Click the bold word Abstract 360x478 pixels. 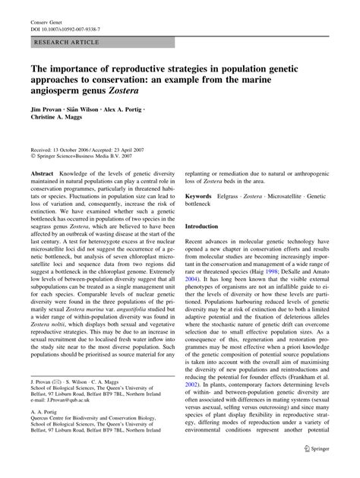(43, 174)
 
